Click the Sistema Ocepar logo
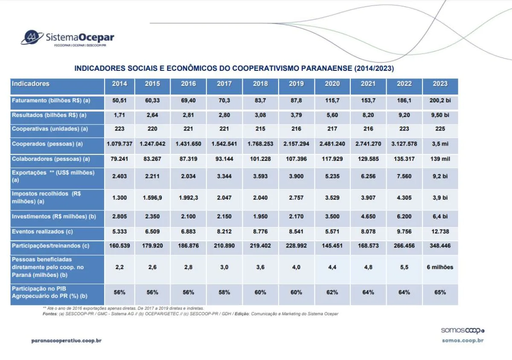[68, 38]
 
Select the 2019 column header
[296, 84]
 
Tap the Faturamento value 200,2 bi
[440, 101]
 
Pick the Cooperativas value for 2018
[260, 129]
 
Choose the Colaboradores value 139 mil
[440, 159]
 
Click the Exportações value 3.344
[224, 176]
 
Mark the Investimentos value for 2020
[332, 216]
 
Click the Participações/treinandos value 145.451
[332, 246]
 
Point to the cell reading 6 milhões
[440, 267]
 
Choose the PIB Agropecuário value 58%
[224, 292]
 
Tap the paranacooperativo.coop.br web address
[66, 340]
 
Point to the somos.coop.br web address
[463, 340]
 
